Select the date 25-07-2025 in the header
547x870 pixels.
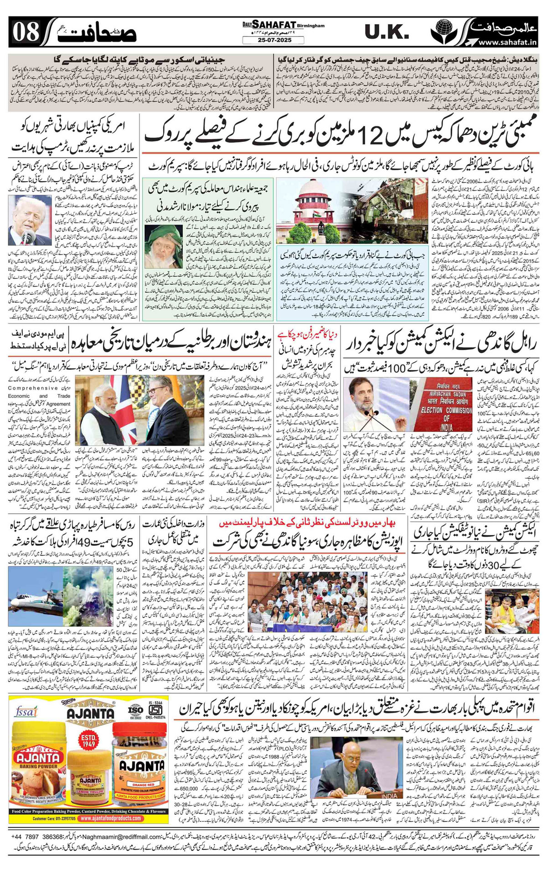click(273, 40)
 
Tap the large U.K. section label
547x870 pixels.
click(387, 32)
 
